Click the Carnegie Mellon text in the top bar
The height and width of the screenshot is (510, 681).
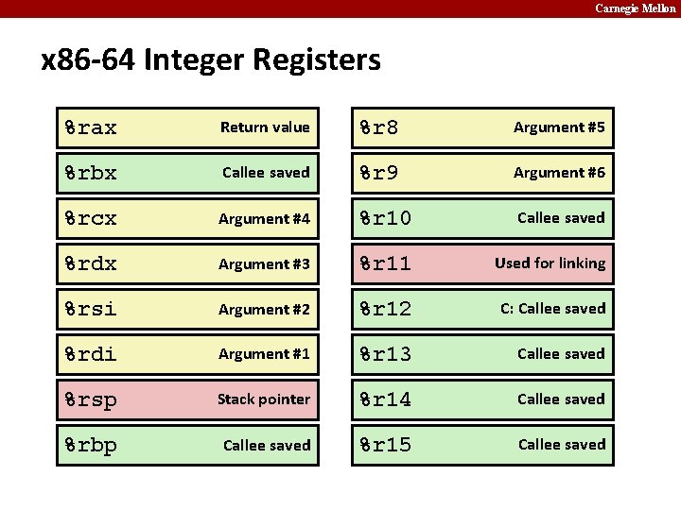click(635, 8)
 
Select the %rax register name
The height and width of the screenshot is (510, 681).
click(91, 127)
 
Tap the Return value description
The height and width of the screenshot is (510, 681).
click(265, 127)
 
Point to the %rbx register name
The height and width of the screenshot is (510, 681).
click(91, 173)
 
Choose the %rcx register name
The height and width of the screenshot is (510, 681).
click(91, 218)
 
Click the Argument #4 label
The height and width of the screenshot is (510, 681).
click(264, 219)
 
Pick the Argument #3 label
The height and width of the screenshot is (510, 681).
click(264, 264)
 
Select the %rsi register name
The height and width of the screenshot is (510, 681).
click(91, 309)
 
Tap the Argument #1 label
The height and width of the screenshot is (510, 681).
click(264, 354)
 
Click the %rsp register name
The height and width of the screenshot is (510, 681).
click(91, 399)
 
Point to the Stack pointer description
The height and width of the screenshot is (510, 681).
click(264, 399)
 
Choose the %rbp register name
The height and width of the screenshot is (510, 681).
click(91, 445)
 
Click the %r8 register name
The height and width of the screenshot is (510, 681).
click(378, 127)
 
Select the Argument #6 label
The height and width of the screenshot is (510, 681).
click(559, 173)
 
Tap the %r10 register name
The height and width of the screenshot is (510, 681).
click(385, 218)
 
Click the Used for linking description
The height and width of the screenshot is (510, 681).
click(550, 263)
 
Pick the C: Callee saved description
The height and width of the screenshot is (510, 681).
click(553, 309)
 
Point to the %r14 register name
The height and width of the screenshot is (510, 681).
click(385, 399)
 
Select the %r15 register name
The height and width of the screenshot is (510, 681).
click(385, 445)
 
